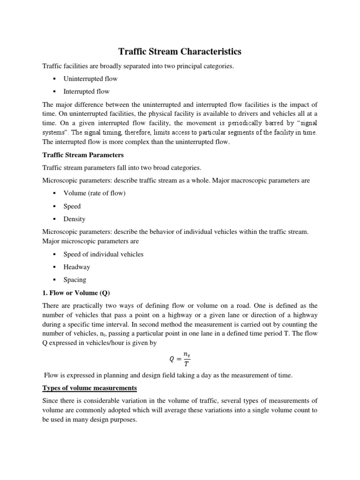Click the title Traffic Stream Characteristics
pos(180,51)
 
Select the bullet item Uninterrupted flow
pos(90,79)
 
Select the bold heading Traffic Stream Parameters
pos(83,155)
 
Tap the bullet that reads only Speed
pos(72,206)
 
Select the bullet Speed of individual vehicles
pos(103,254)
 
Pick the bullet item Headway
pos(76,267)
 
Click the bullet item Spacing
pos(75,280)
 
